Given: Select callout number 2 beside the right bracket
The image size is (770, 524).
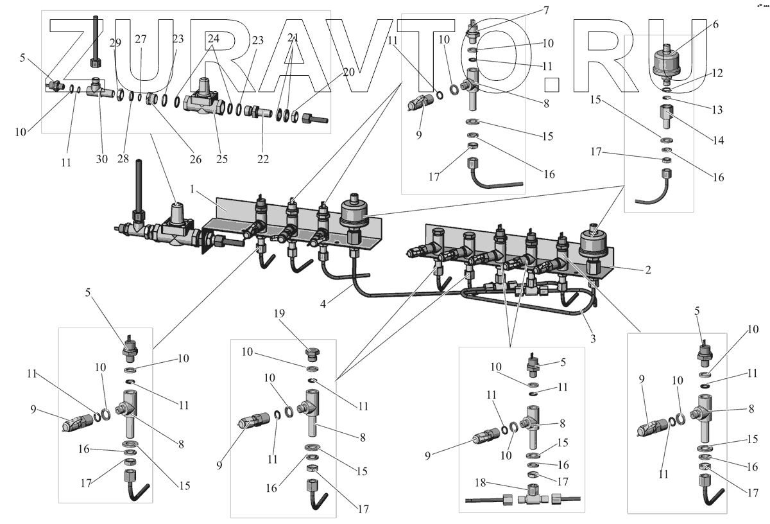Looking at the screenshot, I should tap(648, 270).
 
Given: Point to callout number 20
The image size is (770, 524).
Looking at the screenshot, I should tap(348, 73).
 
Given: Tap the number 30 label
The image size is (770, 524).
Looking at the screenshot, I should tap(102, 159).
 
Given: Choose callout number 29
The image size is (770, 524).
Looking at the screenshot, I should tap(116, 42).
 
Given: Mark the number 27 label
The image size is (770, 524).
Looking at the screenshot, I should tap(141, 39).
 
